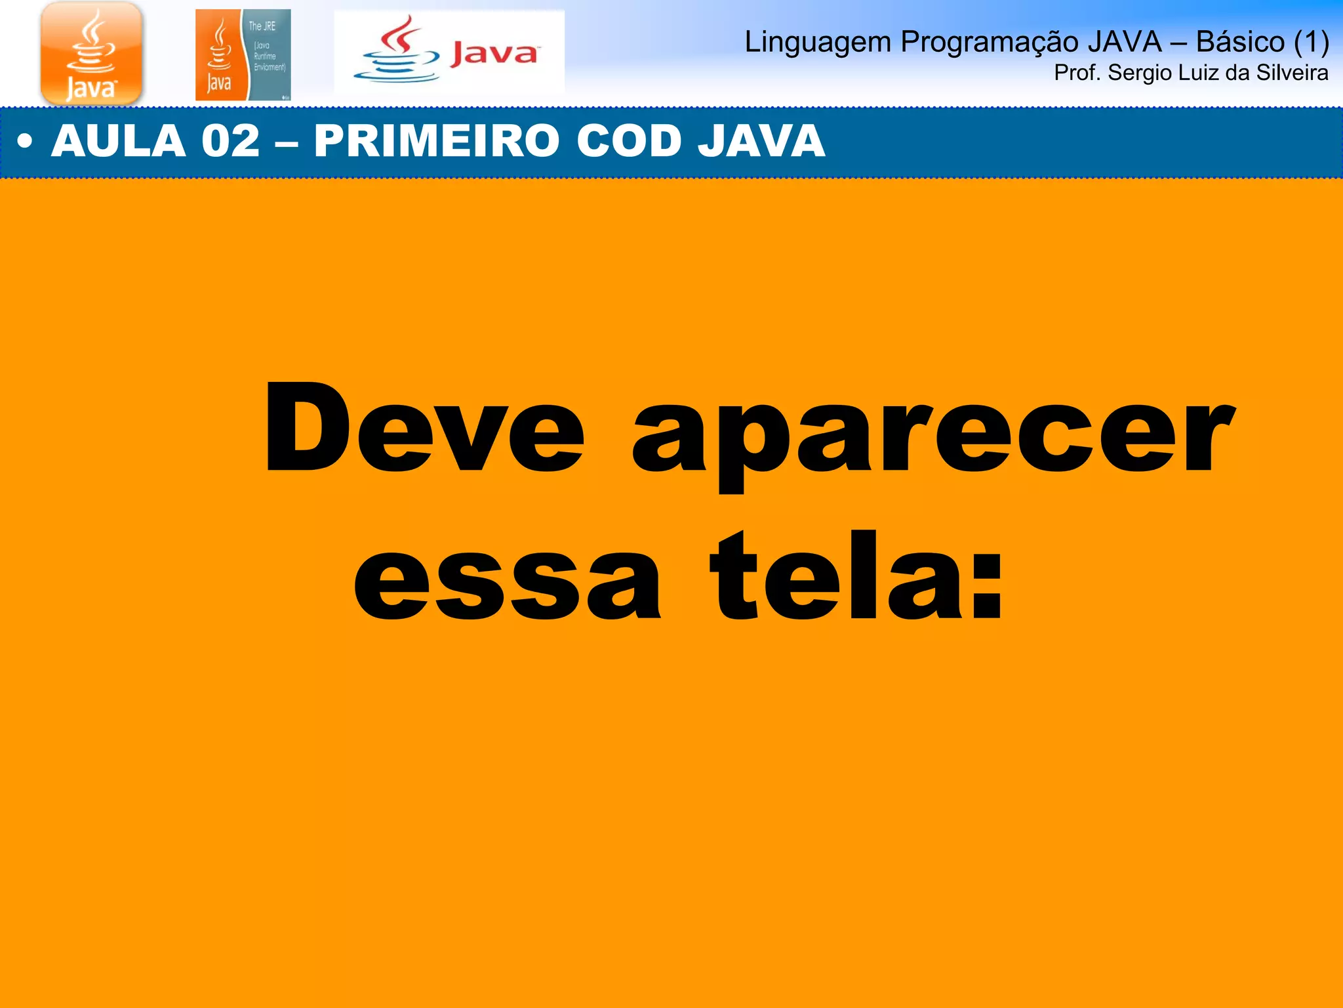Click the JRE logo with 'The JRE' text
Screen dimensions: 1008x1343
pos(243,55)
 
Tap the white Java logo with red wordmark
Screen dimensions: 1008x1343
pos(449,52)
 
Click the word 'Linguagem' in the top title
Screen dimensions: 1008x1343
pos(818,43)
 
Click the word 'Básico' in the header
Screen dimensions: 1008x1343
pos(1240,42)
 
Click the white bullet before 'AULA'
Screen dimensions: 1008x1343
pos(25,142)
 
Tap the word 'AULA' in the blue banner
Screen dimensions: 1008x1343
pos(119,141)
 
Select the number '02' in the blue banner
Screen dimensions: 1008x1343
pos(230,141)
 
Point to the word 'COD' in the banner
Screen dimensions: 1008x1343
pos(629,141)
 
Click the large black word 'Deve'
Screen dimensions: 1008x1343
pos(424,428)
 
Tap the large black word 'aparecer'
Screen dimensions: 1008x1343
pos(932,436)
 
